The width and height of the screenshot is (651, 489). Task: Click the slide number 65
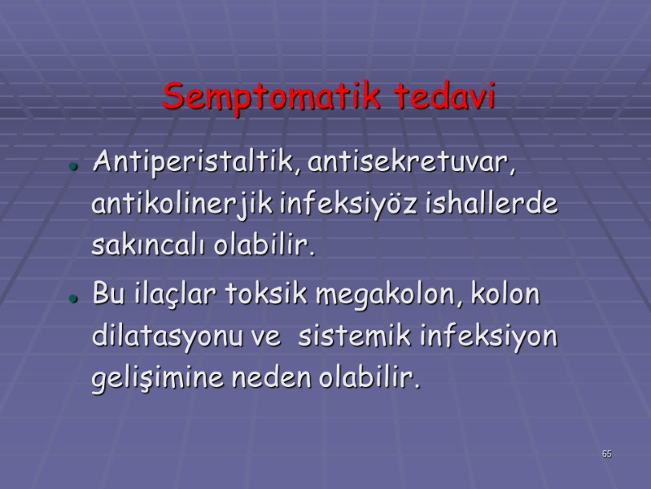tap(607, 454)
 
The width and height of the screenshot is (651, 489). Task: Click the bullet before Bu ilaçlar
tap(73, 297)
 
